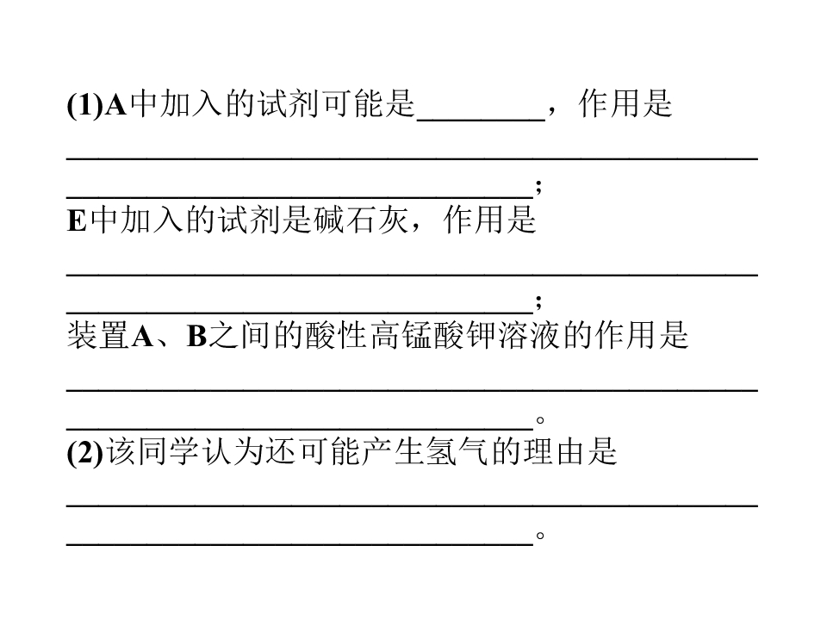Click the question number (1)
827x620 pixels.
(x=85, y=104)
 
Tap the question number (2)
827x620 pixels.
(x=85, y=452)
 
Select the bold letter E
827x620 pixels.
(x=77, y=220)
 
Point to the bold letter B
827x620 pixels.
(x=196, y=337)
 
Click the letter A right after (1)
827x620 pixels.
(x=116, y=104)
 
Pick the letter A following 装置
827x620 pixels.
(x=142, y=337)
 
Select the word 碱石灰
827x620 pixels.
(x=361, y=220)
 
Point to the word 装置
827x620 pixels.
(x=98, y=336)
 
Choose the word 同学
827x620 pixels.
(x=169, y=452)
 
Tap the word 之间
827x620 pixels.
(x=240, y=336)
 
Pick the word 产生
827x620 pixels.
(x=394, y=452)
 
